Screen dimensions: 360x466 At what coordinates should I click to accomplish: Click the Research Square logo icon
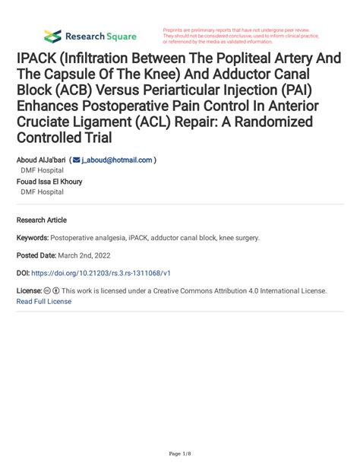click(x=52, y=36)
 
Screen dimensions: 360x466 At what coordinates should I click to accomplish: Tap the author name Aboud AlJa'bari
click(x=39, y=160)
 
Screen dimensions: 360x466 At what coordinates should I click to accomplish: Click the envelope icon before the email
click(x=76, y=160)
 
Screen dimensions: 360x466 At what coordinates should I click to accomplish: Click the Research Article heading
click(x=41, y=219)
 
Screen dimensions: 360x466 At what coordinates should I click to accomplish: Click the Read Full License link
click(x=43, y=301)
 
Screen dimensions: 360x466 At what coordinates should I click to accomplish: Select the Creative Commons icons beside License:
click(x=52, y=291)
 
